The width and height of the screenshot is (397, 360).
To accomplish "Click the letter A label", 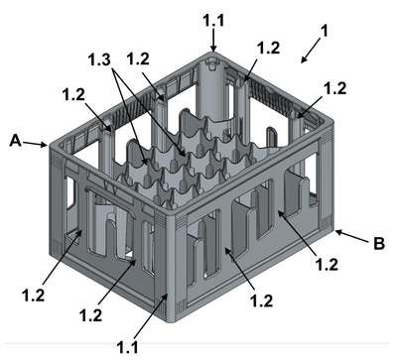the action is coord(16,141).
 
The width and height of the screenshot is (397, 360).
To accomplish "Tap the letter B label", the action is coord(379,244).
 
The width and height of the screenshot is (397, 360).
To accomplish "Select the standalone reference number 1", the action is coord(325,31).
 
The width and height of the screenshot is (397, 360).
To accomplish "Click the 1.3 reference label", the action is coord(99,60).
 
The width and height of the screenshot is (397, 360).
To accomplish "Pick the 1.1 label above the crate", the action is coord(213,20).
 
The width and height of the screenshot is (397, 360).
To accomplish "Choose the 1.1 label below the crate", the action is coord(128,347).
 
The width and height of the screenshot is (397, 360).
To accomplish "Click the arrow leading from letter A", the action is coord(35,144).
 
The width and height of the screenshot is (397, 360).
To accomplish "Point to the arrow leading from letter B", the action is coord(351,237).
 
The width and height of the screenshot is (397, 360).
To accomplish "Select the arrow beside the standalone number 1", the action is coord(312,50).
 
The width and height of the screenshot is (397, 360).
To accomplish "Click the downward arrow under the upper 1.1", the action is coord(213,40).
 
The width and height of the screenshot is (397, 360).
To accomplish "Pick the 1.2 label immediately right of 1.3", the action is coord(138,60).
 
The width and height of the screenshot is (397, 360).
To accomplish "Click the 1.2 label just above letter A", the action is coord(73,95).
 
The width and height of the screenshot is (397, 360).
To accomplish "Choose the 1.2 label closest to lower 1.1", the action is coord(90,315).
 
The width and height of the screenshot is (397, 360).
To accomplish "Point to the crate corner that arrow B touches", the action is coord(332,229).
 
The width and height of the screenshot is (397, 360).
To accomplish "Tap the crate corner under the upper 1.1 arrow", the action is coord(213,54).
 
